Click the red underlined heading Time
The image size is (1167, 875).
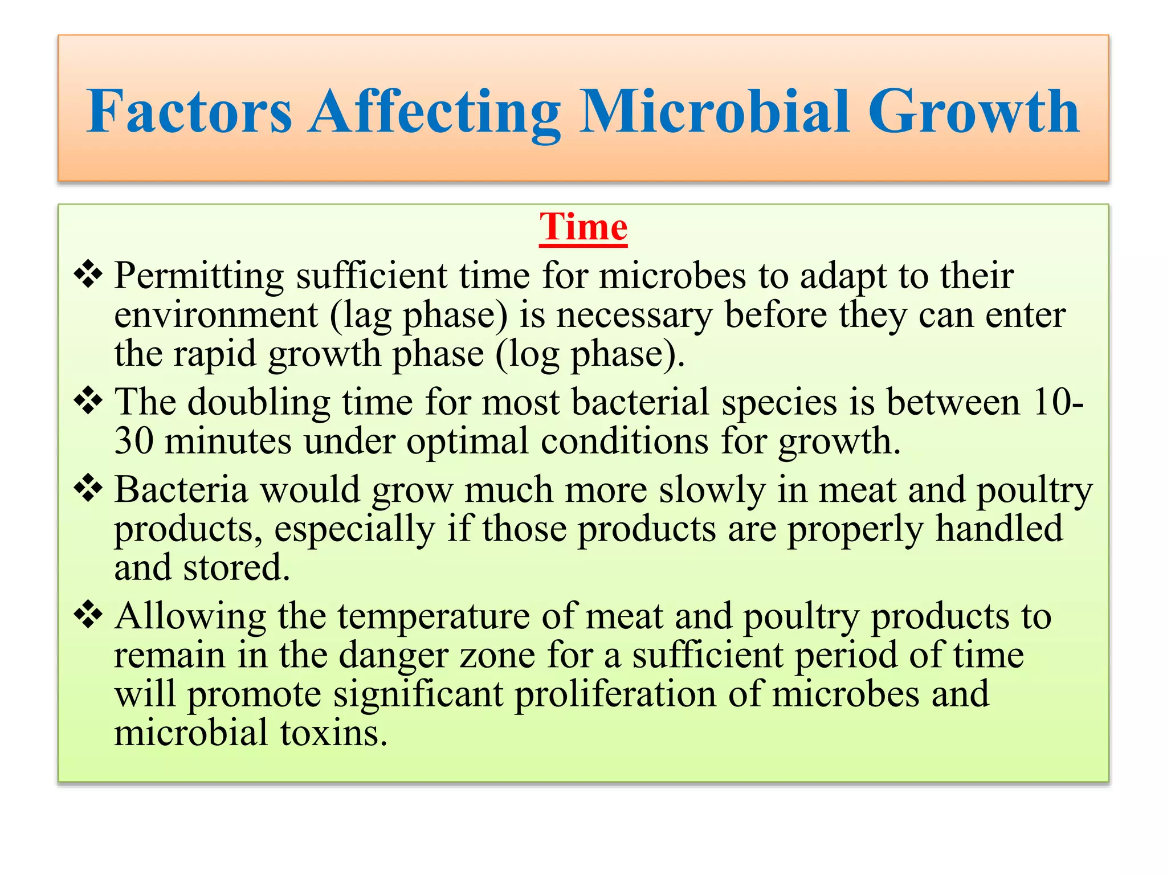pyautogui.click(x=583, y=227)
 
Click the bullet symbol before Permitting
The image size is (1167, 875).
pyautogui.click(x=88, y=275)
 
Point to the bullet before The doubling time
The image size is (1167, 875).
pyautogui.click(x=88, y=402)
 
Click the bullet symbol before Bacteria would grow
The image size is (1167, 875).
pyautogui.click(x=88, y=489)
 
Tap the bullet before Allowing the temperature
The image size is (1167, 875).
pyautogui.click(x=88, y=615)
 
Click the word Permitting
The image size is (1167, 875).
pyautogui.click(x=199, y=276)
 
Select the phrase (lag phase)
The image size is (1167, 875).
pyautogui.click(x=419, y=316)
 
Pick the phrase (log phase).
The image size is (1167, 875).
pyautogui.click(x=590, y=355)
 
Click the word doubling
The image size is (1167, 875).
pyautogui.click(x=259, y=402)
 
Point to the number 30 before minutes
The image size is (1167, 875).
pyautogui.click(x=134, y=441)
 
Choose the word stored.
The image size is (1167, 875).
pyautogui.click(x=236, y=568)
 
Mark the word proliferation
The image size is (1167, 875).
pyautogui.click(x=615, y=695)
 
